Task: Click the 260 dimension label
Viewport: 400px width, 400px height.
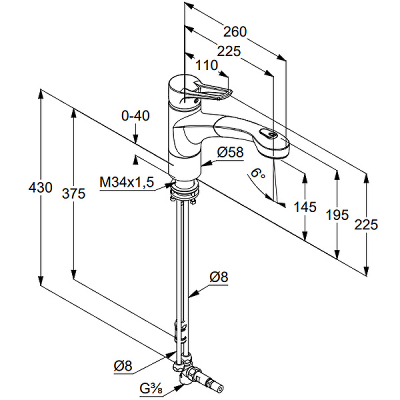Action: point(235,31)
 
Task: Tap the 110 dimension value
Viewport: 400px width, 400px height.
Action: point(207,65)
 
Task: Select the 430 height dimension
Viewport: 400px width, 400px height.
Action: point(40,188)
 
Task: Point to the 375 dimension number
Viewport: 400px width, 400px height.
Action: point(74,193)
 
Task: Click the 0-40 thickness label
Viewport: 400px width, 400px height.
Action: point(135,116)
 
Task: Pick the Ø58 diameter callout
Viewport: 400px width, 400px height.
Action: point(231,152)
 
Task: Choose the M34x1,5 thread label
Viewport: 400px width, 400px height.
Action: point(127,183)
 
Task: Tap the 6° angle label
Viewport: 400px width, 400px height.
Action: point(258,173)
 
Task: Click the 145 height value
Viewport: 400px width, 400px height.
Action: point(305,207)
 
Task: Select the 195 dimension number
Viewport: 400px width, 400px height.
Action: point(337,215)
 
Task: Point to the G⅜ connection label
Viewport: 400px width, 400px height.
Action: point(151,389)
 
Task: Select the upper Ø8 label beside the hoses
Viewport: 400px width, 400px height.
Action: point(219,277)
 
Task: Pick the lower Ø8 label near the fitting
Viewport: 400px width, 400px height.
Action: point(123,366)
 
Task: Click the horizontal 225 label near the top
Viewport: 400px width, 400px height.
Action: point(229,51)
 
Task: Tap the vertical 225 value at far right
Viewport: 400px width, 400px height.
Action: point(366,225)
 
